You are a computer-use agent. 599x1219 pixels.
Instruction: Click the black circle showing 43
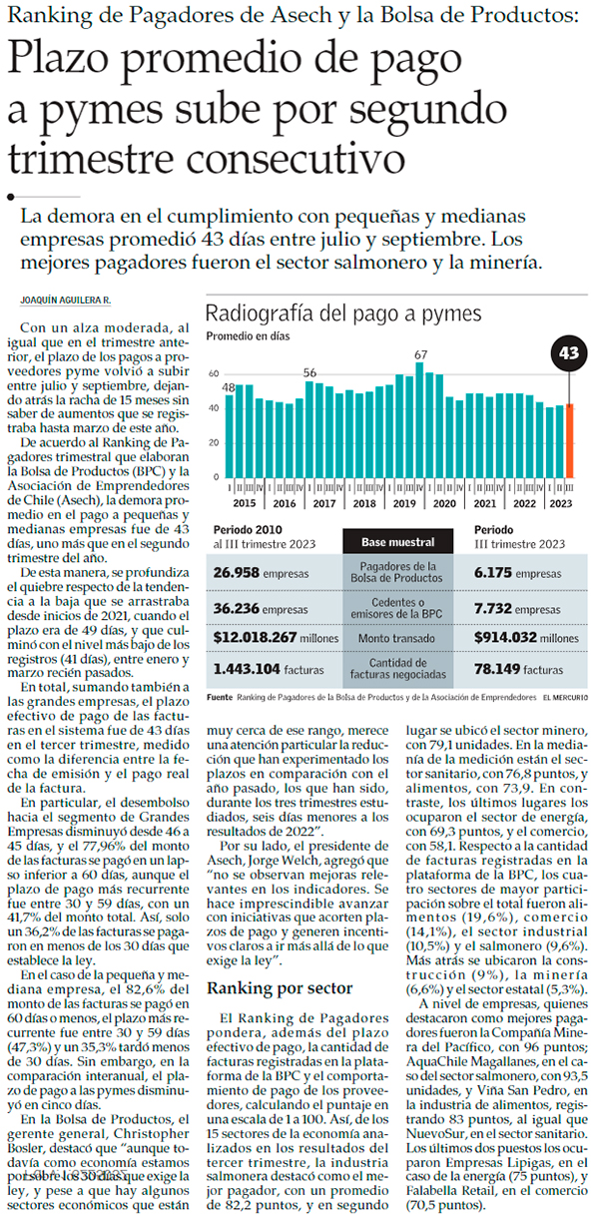569,353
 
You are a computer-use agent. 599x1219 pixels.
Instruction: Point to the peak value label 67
421,354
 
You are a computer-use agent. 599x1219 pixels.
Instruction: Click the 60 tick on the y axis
213,373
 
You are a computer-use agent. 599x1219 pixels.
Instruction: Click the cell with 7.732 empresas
519,607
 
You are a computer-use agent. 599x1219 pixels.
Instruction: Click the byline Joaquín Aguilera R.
66,302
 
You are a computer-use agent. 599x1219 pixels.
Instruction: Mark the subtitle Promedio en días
248,336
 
